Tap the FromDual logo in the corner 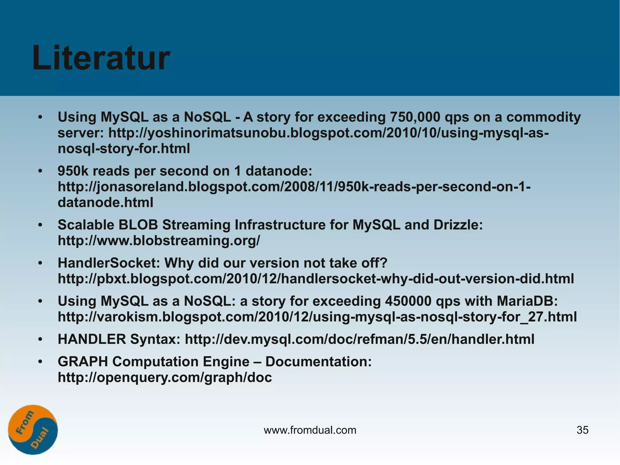point(33,430)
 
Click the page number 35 point(582,430)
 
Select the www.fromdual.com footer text point(310,430)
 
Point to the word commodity point(543,117)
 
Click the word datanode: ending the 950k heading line point(279,171)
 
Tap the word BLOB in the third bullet point(138,225)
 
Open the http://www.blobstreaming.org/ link point(159,241)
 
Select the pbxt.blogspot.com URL point(316,279)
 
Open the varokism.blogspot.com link point(317,317)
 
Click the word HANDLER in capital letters point(92,339)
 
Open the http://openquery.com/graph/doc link point(165,378)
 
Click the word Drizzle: point(458,225)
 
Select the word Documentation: point(318,362)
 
